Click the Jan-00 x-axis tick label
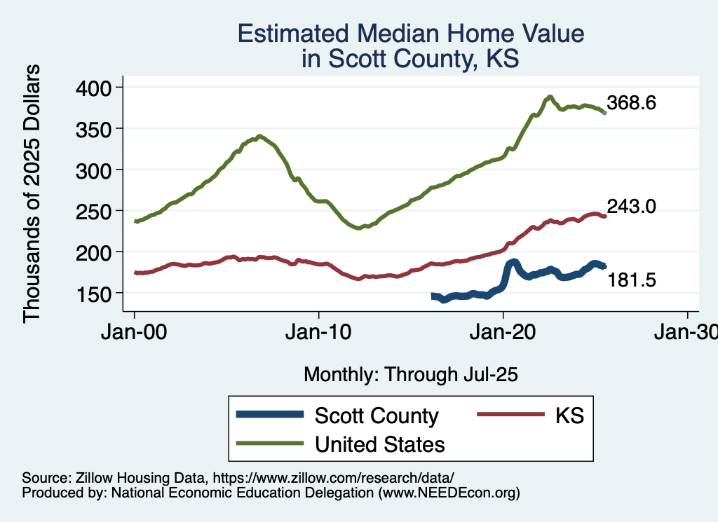[x=135, y=332]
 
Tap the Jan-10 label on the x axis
[x=319, y=332]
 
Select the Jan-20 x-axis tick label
[x=503, y=332]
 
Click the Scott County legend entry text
[x=377, y=415]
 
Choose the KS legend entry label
[x=569, y=415]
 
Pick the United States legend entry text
[x=380, y=444]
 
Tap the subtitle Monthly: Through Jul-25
[x=410, y=374]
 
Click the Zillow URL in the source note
[x=334, y=478]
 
